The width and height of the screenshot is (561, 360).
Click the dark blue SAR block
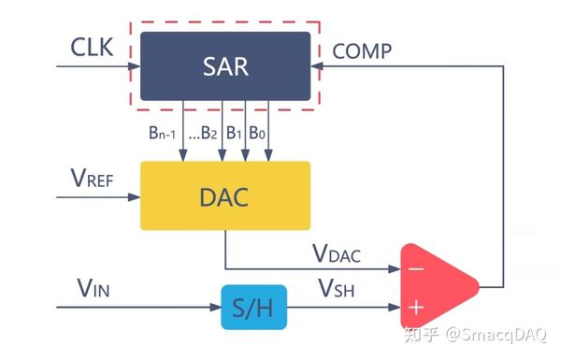pos(225,65)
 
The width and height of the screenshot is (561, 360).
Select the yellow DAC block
pos(225,195)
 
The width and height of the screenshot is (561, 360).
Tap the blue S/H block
pos(254,306)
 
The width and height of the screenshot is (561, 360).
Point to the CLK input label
pos(92,46)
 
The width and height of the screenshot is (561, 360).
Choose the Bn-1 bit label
pos(161,134)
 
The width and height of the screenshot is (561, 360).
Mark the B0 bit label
pos(266,134)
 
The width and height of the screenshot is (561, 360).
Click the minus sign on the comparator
pos(416,269)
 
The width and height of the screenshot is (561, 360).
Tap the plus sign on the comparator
pos(416,305)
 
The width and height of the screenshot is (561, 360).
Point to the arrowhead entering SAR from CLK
pos(135,66)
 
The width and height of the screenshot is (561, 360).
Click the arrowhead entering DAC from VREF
pos(135,196)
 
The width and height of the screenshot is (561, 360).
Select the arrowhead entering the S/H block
pos(214,306)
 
